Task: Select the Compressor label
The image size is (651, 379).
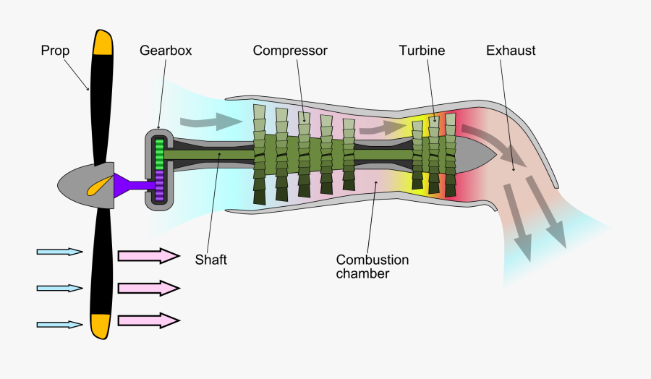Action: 290,51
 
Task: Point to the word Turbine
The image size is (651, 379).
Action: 422,51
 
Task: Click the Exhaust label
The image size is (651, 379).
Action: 511,51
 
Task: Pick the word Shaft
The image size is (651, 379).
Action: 210,260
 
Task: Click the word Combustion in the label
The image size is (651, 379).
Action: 373,260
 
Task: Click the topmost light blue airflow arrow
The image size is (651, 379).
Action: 60,252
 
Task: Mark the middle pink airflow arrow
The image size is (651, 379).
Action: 148,288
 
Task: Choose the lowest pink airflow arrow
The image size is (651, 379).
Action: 148,320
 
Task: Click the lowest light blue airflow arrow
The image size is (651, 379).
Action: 60,325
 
